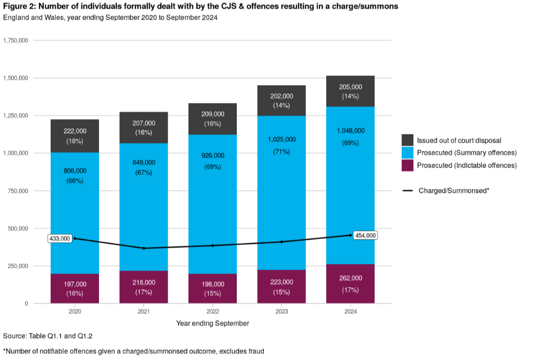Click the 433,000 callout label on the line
[x=60, y=238]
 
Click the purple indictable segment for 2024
[x=350, y=283]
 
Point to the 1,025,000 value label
[x=281, y=139]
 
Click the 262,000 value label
[x=350, y=278]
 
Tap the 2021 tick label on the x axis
[x=143, y=311]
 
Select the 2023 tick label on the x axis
[x=281, y=311]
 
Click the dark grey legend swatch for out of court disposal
[x=408, y=140]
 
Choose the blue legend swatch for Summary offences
[x=408, y=153]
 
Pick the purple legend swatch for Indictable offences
[x=408, y=165]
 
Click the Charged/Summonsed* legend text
[x=453, y=191]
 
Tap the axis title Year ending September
[x=212, y=323]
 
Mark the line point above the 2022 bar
[x=213, y=245]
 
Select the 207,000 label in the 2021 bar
[x=143, y=123]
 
